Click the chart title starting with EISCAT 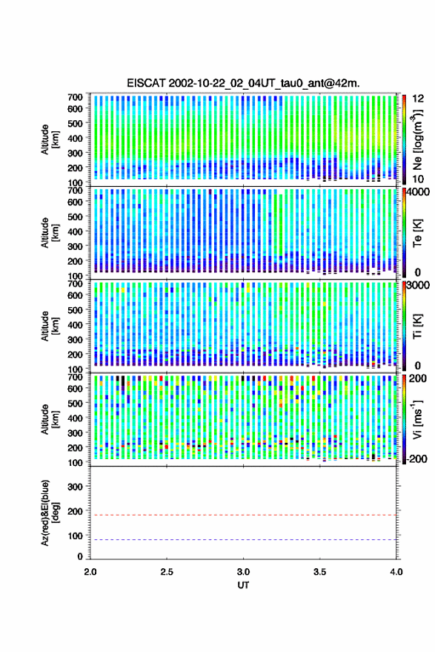coord(243,83)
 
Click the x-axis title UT coord(243,585)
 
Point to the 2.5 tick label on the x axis coord(167,572)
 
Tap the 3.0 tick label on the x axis coord(243,572)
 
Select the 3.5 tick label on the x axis coord(319,572)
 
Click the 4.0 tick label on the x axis coord(396,572)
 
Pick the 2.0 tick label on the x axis coord(90,572)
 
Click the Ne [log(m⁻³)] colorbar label coord(416,139)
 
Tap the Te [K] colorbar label coord(417,233)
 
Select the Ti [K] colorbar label coord(417,326)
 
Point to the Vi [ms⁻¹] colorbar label coord(416,419)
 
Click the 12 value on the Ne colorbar coord(419,99)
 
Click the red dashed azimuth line coord(243,516)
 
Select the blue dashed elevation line coord(243,540)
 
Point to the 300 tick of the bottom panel coord(75,487)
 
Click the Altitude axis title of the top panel coord(50,139)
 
